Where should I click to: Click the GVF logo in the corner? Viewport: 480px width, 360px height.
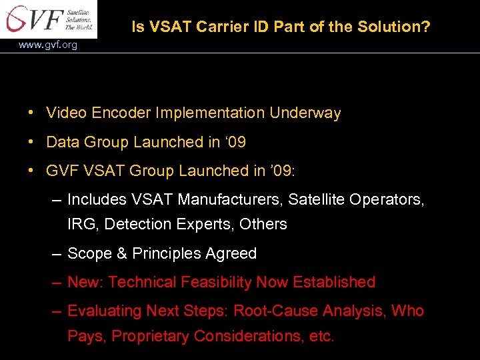coord(49,19)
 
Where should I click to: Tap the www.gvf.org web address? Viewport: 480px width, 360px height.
coord(48,45)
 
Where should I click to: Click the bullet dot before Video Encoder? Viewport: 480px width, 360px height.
coord(32,113)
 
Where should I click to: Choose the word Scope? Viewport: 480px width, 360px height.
coord(89,254)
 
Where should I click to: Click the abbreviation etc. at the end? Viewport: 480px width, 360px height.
coord(321,337)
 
